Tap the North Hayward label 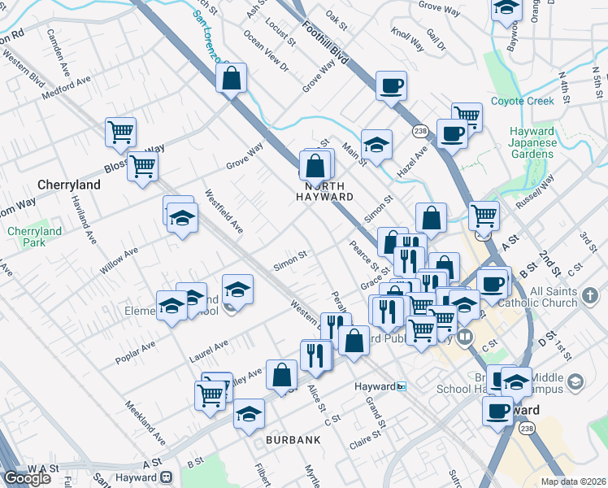click(x=324, y=191)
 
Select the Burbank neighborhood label click(x=293, y=439)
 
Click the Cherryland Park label click(x=35, y=237)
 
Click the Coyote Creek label click(x=523, y=102)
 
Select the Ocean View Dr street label click(x=266, y=51)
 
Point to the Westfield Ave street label click(x=224, y=211)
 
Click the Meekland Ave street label click(x=145, y=422)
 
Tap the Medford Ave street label click(x=67, y=86)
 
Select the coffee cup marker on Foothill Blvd click(x=391, y=85)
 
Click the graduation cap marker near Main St click(x=376, y=144)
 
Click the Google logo click(x=28, y=479)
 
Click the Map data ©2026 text click(x=574, y=481)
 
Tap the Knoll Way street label click(x=406, y=39)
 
